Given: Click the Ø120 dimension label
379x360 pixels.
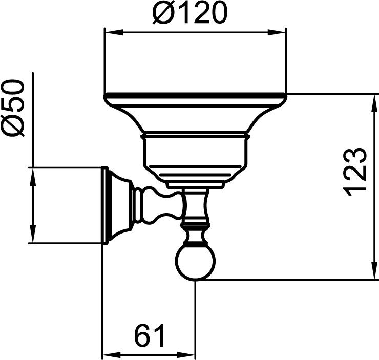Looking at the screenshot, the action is click(189, 12).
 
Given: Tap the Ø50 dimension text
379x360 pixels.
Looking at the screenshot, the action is click(13, 108).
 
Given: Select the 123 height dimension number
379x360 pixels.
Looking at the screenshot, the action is click(355, 172).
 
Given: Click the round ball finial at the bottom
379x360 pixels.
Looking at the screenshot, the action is click(195, 263).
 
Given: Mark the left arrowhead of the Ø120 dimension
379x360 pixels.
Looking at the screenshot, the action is click(114, 32).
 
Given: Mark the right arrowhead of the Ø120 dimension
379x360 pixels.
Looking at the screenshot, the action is click(276, 32).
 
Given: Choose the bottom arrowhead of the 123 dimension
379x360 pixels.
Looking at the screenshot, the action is click(374, 270).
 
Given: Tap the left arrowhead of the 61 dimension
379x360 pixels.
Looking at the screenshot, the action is click(112, 355).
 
